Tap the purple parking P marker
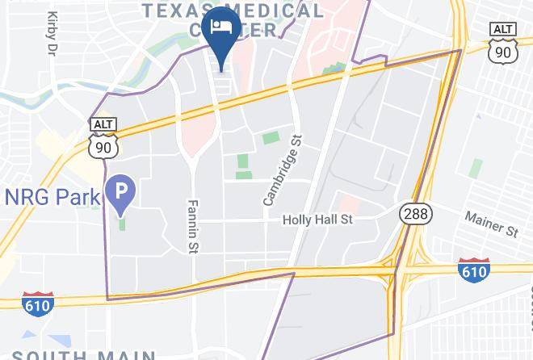pos(122,192)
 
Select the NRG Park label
pos(52,196)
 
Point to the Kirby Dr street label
pos(53,32)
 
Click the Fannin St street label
pos(193,226)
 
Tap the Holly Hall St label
pos(317,219)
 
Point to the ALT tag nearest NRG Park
pos(104,124)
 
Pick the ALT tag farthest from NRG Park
pos(503,30)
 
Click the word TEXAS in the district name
pos(181,10)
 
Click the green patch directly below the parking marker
pos(123,222)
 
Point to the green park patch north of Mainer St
pos(476,167)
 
